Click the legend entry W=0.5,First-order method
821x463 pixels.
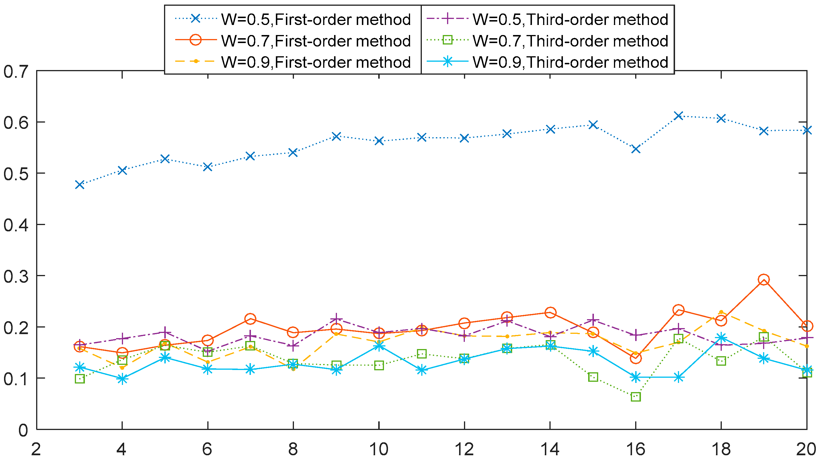[315, 20]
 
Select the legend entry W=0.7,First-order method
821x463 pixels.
[315, 41]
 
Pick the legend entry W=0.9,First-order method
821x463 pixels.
[315, 62]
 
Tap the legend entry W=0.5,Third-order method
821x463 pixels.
[570, 20]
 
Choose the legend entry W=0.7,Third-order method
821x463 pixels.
[570, 41]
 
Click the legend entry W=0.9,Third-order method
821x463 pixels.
[570, 62]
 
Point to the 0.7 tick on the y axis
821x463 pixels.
[15, 71]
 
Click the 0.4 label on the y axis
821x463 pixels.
[15, 225]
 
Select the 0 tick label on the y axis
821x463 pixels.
[23, 431]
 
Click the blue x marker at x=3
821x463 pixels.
[80, 185]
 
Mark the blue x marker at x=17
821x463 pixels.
[678, 115]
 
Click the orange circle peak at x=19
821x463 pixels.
[764, 280]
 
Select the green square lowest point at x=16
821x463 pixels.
[635, 397]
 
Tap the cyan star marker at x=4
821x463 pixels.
[122, 379]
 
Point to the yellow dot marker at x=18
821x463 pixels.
[721, 312]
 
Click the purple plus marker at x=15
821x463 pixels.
[593, 319]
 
